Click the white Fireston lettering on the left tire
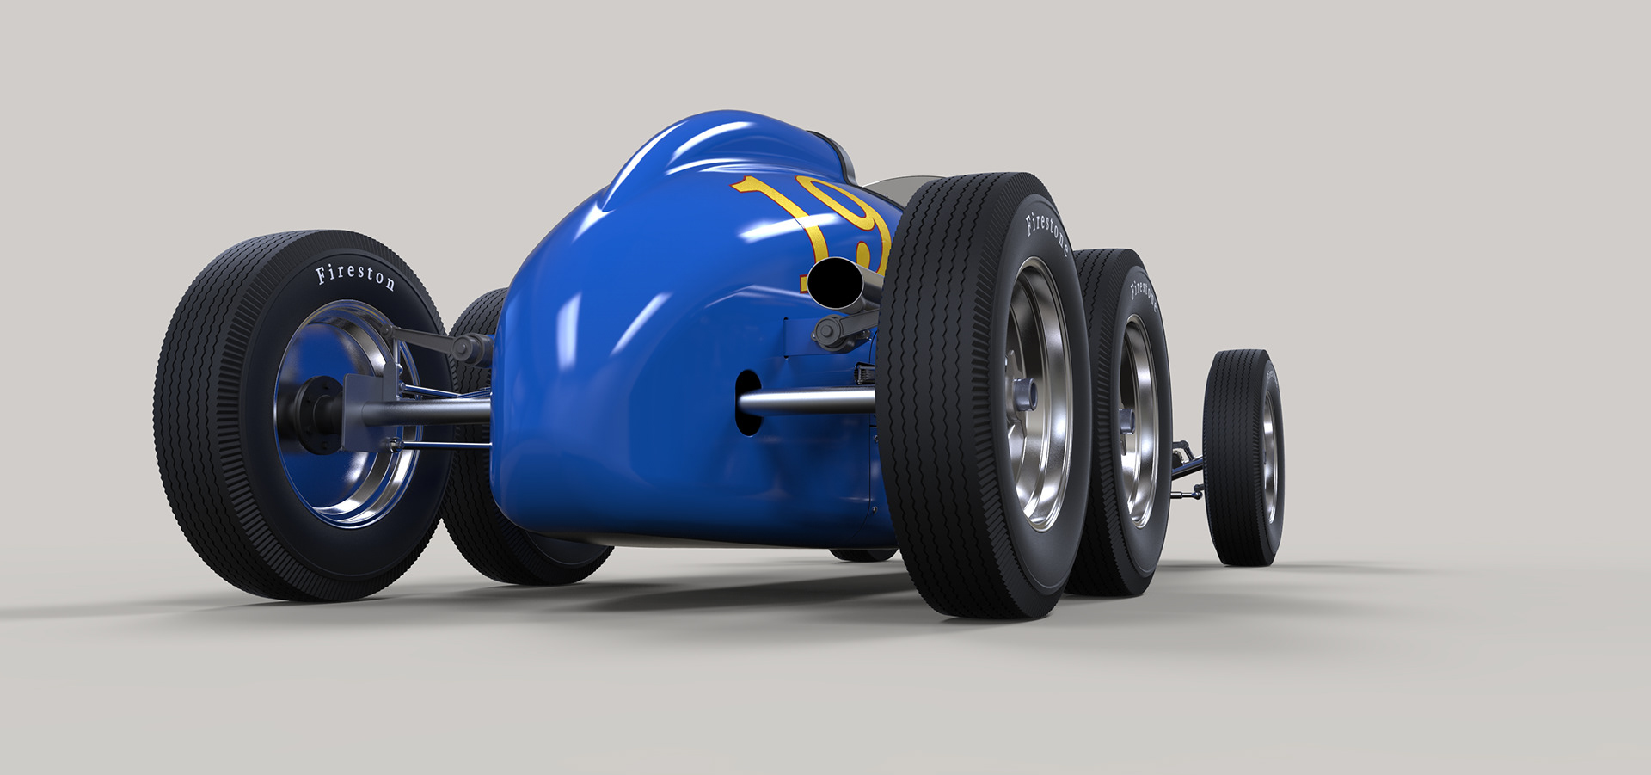click(355, 276)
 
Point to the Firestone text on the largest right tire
click(1047, 232)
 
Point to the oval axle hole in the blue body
click(747, 402)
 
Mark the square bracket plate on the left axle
click(361, 411)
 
